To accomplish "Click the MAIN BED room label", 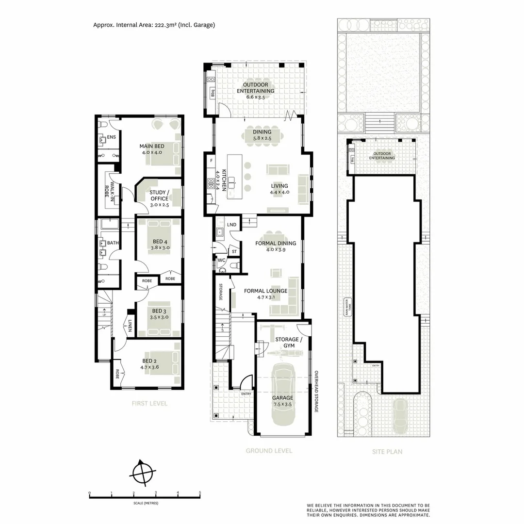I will [152, 146].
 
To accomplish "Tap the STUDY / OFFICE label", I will [159, 195].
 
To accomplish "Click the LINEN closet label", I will [130, 328].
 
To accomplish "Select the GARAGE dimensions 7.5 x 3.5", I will [282, 404].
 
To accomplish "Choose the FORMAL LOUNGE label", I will [265, 291].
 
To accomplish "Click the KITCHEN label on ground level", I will [224, 181].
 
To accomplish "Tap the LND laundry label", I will [232, 225].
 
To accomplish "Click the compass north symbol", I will [142, 472].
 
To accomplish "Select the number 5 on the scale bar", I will [200, 493].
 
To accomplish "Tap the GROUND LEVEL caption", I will [269, 451].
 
